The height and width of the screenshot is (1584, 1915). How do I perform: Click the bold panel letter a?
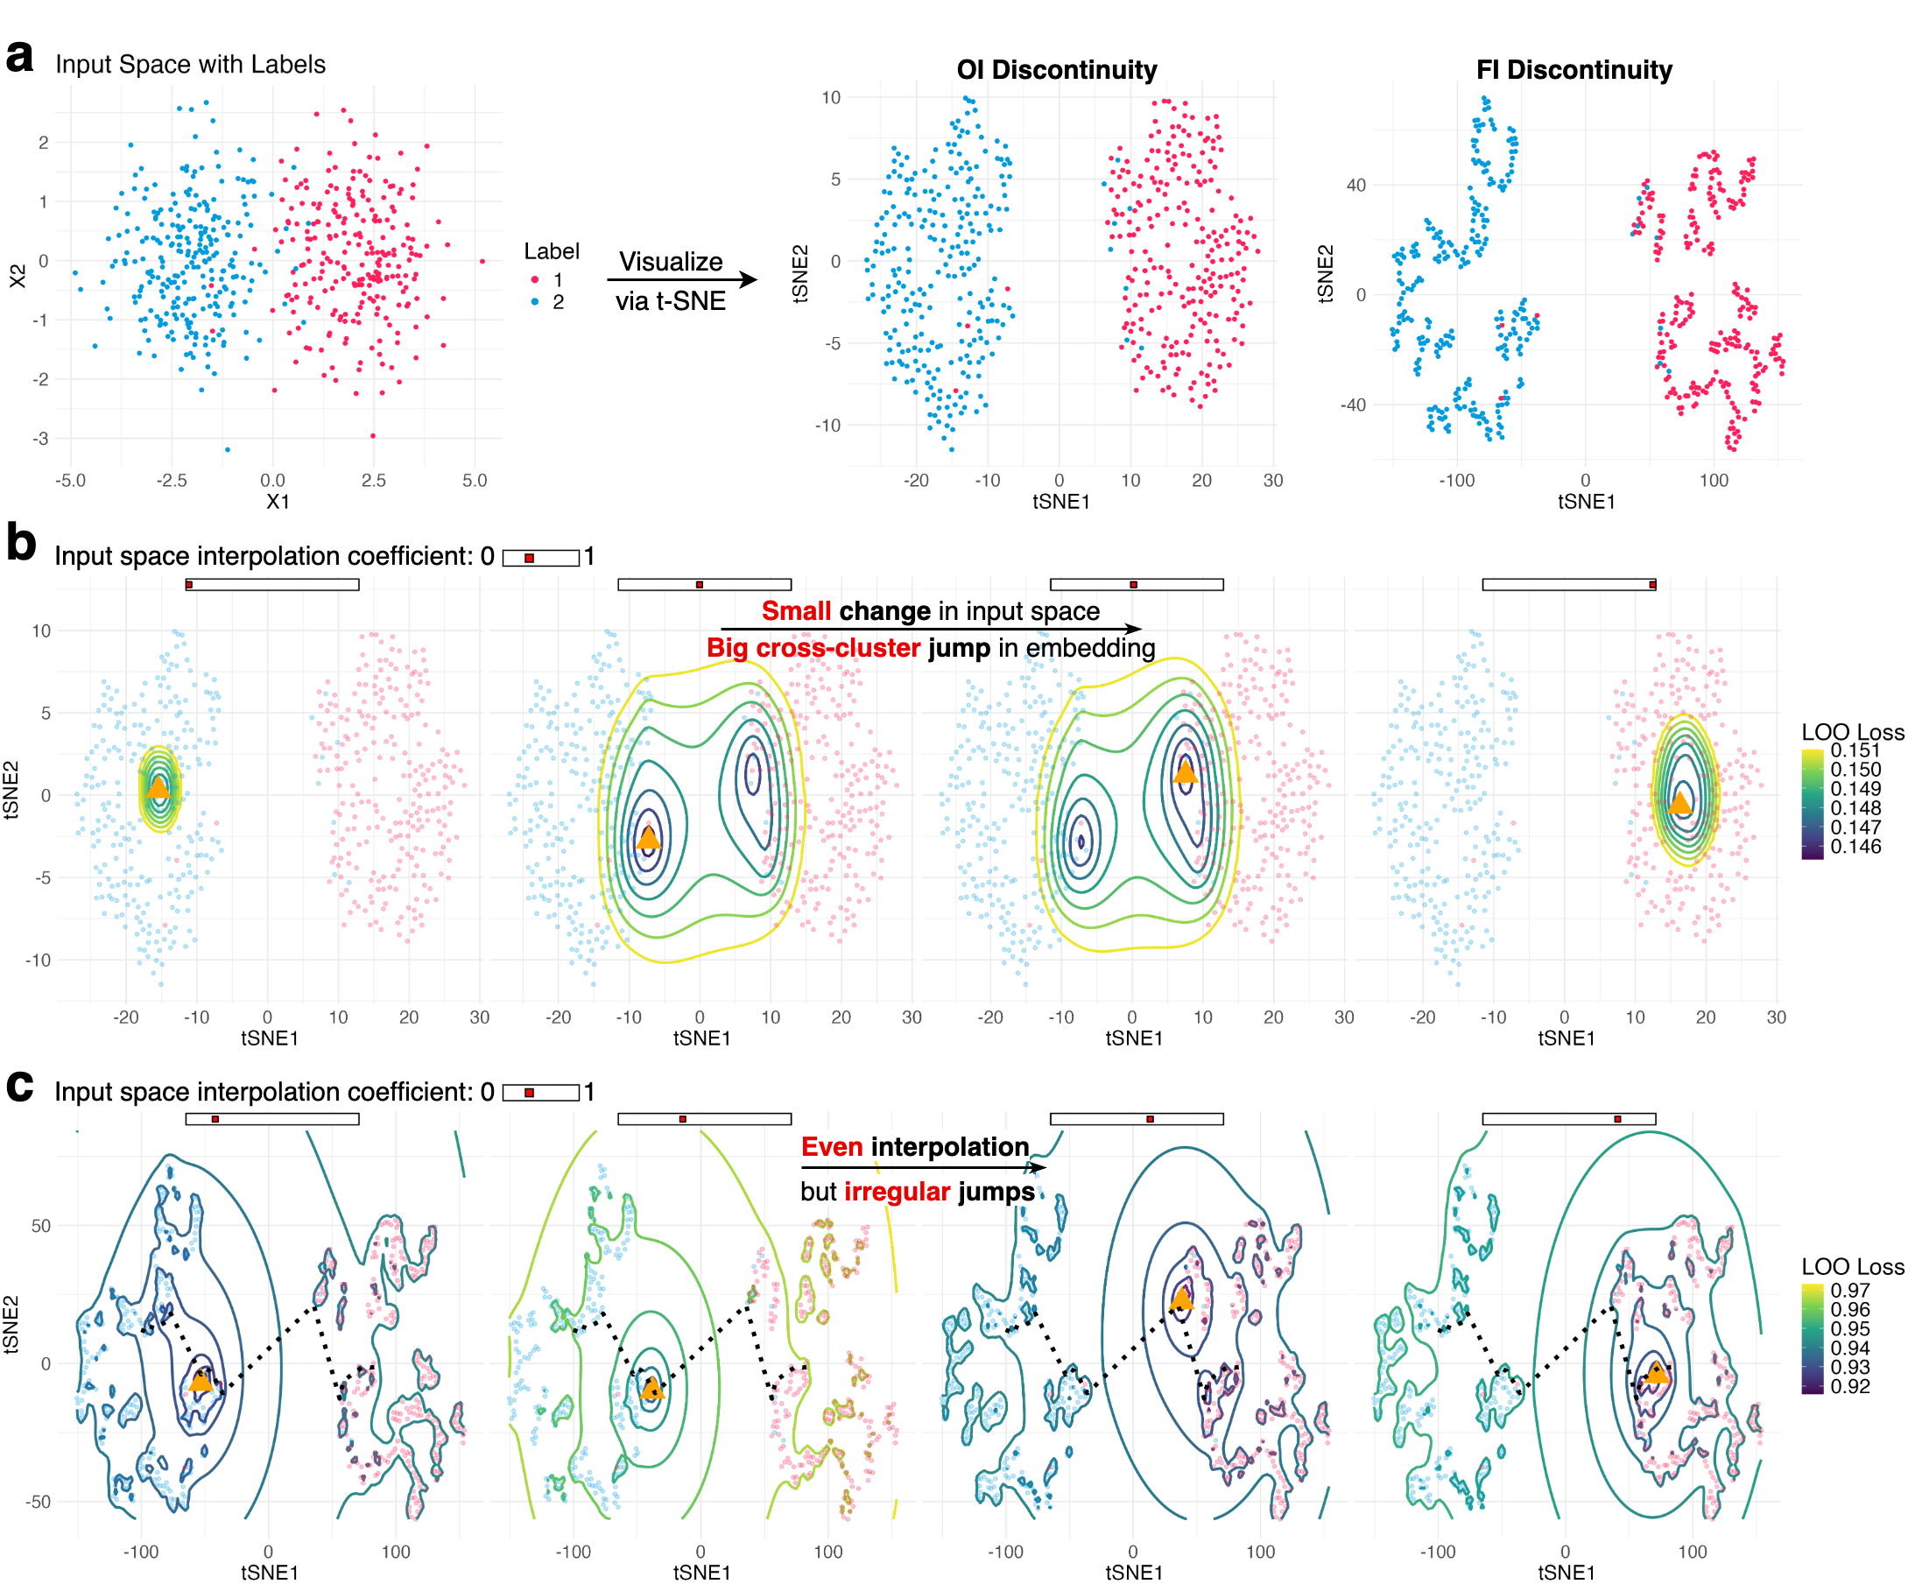(x=19, y=57)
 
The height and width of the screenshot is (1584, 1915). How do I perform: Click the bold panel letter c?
(x=19, y=1084)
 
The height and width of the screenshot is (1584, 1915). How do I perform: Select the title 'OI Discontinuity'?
(x=1056, y=70)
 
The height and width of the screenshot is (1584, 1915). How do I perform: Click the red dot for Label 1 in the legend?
(x=535, y=280)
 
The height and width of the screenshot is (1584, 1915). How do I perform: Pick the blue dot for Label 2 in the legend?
(x=535, y=302)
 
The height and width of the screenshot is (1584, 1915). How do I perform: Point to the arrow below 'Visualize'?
(x=682, y=280)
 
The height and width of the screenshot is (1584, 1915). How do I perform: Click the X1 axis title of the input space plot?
(x=278, y=502)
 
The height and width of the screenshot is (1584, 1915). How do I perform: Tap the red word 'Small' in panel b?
(x=795, y=611)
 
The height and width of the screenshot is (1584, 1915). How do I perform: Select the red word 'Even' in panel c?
(x=832, y=1146)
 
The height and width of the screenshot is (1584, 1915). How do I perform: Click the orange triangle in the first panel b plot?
(x=158, y=787)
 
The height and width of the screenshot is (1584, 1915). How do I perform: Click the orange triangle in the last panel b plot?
(x=1679, y=802)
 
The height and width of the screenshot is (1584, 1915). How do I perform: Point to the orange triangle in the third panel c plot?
(x=1182, y=1298)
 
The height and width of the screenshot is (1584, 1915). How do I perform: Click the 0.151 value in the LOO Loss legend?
(x=1855, y=750)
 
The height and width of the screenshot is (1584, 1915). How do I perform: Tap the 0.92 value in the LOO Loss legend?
(x=1849, y=1386)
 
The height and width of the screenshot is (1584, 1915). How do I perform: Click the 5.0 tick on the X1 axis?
(x=475, y=481)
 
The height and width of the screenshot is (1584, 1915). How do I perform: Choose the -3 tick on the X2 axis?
(x=40, y=439)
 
